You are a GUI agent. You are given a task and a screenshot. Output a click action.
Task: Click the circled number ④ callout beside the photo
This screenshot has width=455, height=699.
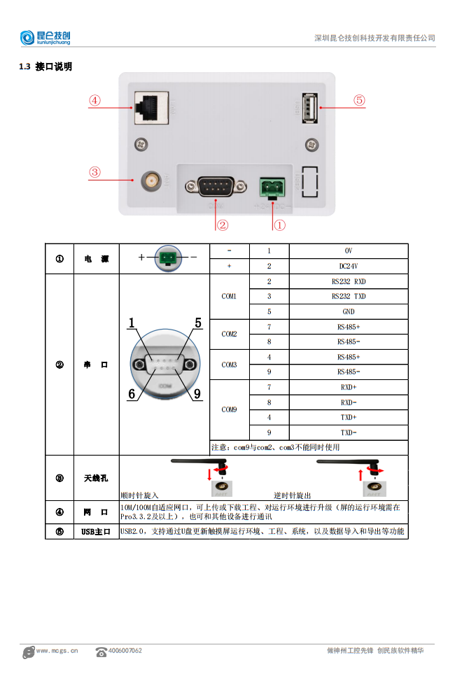coord(94,100)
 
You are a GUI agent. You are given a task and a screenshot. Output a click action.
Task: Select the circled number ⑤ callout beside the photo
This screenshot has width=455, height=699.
coord(358,100)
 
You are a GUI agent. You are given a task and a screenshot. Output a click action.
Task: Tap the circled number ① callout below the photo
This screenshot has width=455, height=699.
coord(279,225)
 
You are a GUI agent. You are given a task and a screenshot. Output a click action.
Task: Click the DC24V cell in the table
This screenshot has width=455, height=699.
coord(348,266)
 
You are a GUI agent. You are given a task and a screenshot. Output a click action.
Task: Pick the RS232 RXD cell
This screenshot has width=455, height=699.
coord(348,281)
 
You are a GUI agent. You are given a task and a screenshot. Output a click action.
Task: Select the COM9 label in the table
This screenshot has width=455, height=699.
coord(229,409)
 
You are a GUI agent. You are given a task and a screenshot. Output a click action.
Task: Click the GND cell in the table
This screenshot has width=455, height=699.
coord(348,311)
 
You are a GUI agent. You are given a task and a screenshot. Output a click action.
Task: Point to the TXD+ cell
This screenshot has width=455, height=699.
coord(348,417)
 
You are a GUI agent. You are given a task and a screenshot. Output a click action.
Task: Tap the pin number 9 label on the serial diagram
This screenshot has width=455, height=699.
coord(197,394)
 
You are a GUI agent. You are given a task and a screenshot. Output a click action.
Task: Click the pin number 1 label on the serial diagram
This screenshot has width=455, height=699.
coord(132,323)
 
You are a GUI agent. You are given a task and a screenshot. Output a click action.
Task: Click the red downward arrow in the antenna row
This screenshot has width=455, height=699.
coord(209,476)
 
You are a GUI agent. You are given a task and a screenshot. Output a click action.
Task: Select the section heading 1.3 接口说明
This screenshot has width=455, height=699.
coord(45,67)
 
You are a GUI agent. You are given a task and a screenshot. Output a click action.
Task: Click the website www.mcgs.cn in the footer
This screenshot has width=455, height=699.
coord(57,651)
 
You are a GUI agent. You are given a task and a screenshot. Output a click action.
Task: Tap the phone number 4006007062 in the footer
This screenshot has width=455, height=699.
coord(125,651)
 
